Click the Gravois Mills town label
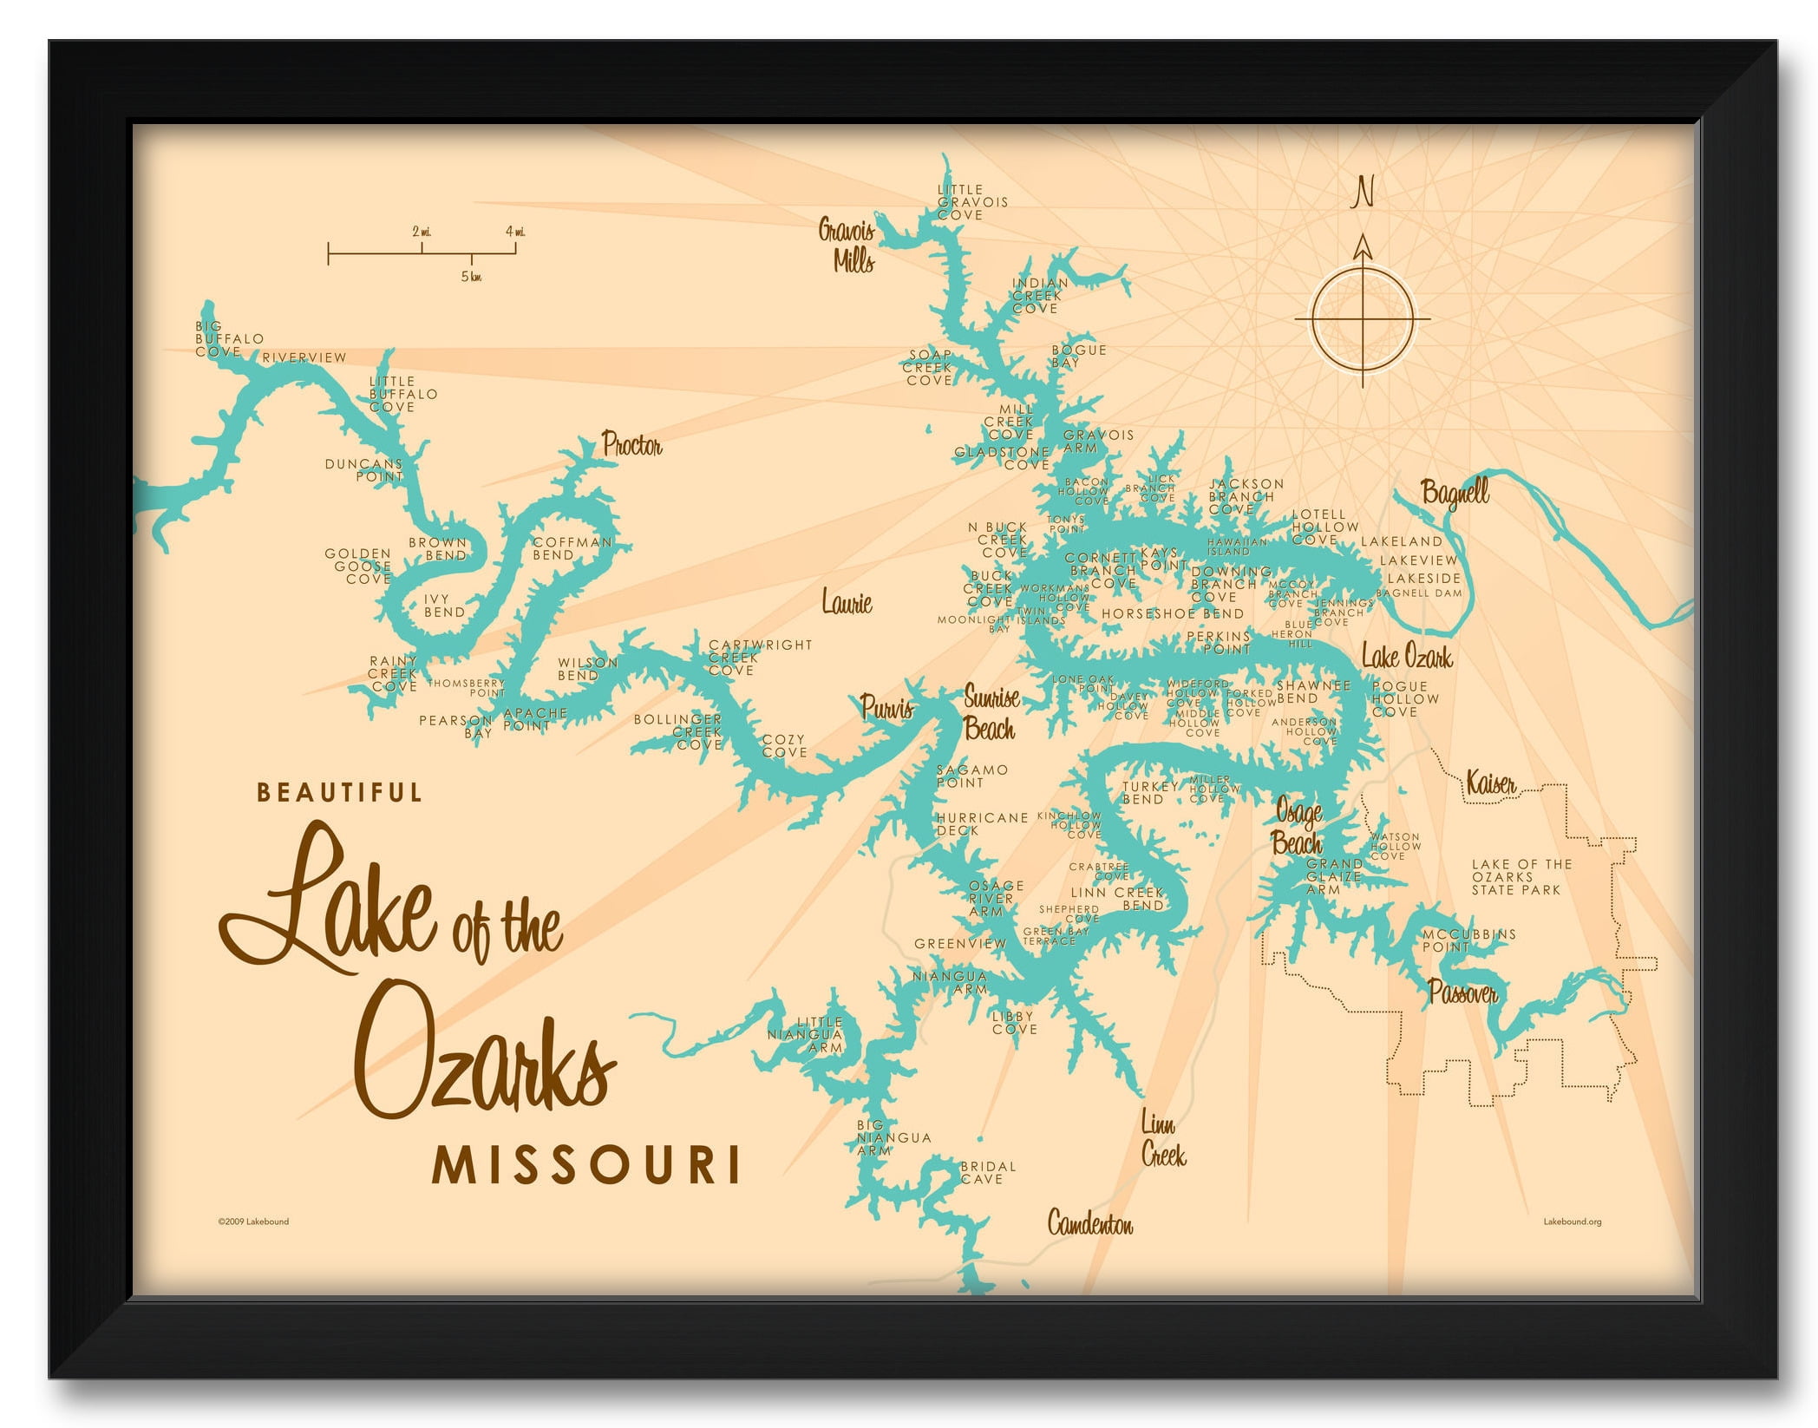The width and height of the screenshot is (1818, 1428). [x=847, y=246]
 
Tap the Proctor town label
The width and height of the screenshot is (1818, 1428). [x=631, y=446]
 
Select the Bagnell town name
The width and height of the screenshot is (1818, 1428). [x=1455, y=493]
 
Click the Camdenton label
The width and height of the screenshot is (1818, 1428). [x=1089, y=1224]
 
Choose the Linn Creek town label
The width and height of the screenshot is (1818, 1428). [x=1162, y=1140]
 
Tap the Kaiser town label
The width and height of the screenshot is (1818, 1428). [x=1490, y=783]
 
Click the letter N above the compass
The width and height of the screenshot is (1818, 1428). [x=1363, y=192]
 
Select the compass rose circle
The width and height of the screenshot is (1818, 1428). [x=1363, y=318]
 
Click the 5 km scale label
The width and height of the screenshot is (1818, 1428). [x=471, y=277]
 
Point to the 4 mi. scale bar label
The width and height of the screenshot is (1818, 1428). [x=515, y=232]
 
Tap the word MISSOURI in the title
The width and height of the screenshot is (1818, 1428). [x=586, y=1165]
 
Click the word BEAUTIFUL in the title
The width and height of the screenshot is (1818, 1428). [x=339, y=792]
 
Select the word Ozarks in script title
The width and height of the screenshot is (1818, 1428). [x=486, y=1058]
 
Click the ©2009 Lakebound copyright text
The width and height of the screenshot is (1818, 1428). [x=253, y=1222]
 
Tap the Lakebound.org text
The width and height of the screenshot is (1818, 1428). [x=1572, y=1222]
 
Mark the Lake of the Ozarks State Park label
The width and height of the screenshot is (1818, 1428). [x=1521, y=877]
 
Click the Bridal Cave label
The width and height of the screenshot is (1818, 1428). [x=987, y=1172]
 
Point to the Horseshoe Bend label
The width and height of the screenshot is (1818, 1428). [x=1172, y=613]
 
